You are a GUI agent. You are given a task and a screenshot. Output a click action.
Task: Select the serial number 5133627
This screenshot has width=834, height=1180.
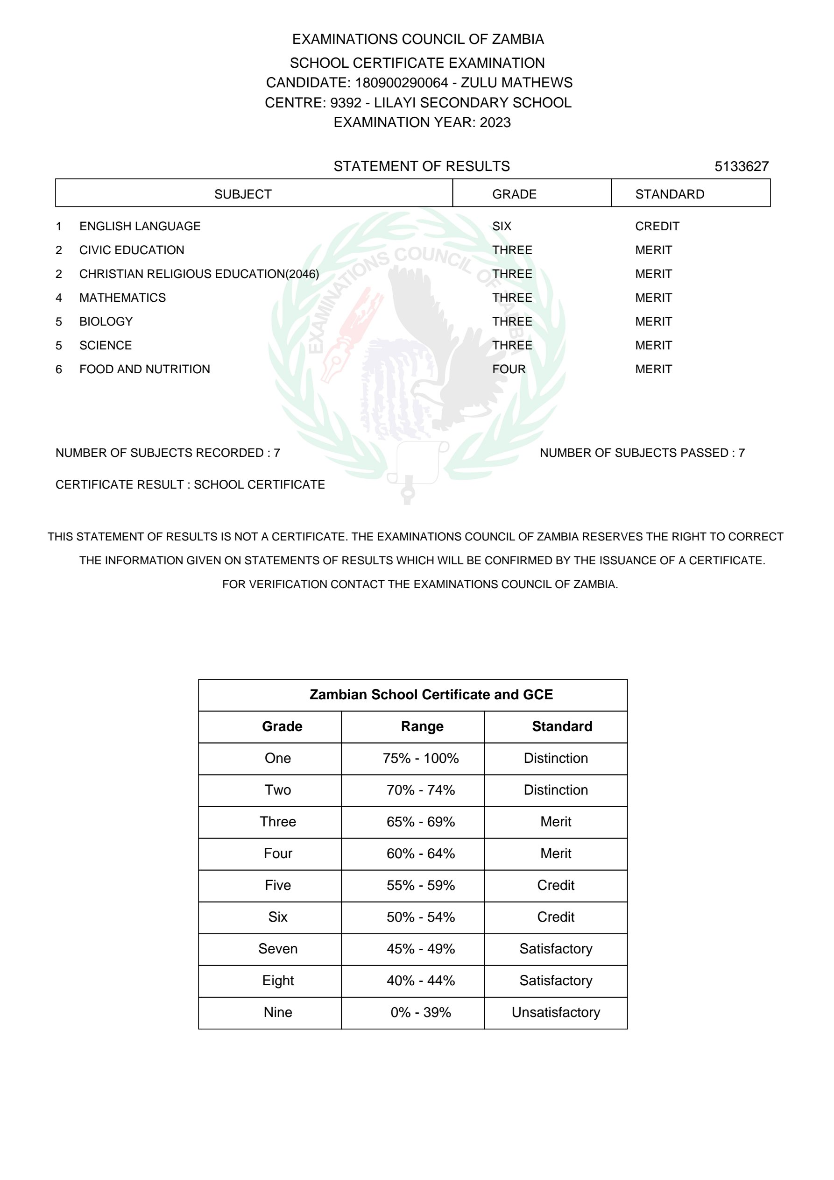741,166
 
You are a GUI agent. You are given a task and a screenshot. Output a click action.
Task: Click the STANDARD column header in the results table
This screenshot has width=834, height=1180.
669,194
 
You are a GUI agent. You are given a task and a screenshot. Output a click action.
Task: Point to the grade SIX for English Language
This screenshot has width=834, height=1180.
502,226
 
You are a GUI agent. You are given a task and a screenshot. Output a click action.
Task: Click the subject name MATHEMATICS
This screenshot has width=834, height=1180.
122,298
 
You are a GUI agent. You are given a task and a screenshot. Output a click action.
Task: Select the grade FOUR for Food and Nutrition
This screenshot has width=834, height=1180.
509,369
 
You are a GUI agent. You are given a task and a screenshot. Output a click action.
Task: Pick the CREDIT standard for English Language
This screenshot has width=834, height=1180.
657,226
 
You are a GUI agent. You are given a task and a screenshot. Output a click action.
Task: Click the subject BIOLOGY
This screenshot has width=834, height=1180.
106,322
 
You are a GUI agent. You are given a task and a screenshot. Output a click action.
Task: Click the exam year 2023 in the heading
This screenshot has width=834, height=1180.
495,122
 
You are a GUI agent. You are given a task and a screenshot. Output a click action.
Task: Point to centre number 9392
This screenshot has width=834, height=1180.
345,103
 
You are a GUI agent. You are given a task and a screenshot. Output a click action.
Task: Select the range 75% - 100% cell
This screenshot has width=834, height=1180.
420,758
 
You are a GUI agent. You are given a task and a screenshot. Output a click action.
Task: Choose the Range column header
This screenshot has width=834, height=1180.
422,726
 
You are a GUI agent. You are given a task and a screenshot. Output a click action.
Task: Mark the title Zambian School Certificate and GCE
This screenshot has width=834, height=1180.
431,694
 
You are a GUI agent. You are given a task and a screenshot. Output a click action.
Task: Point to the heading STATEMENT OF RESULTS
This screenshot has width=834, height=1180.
421,166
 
